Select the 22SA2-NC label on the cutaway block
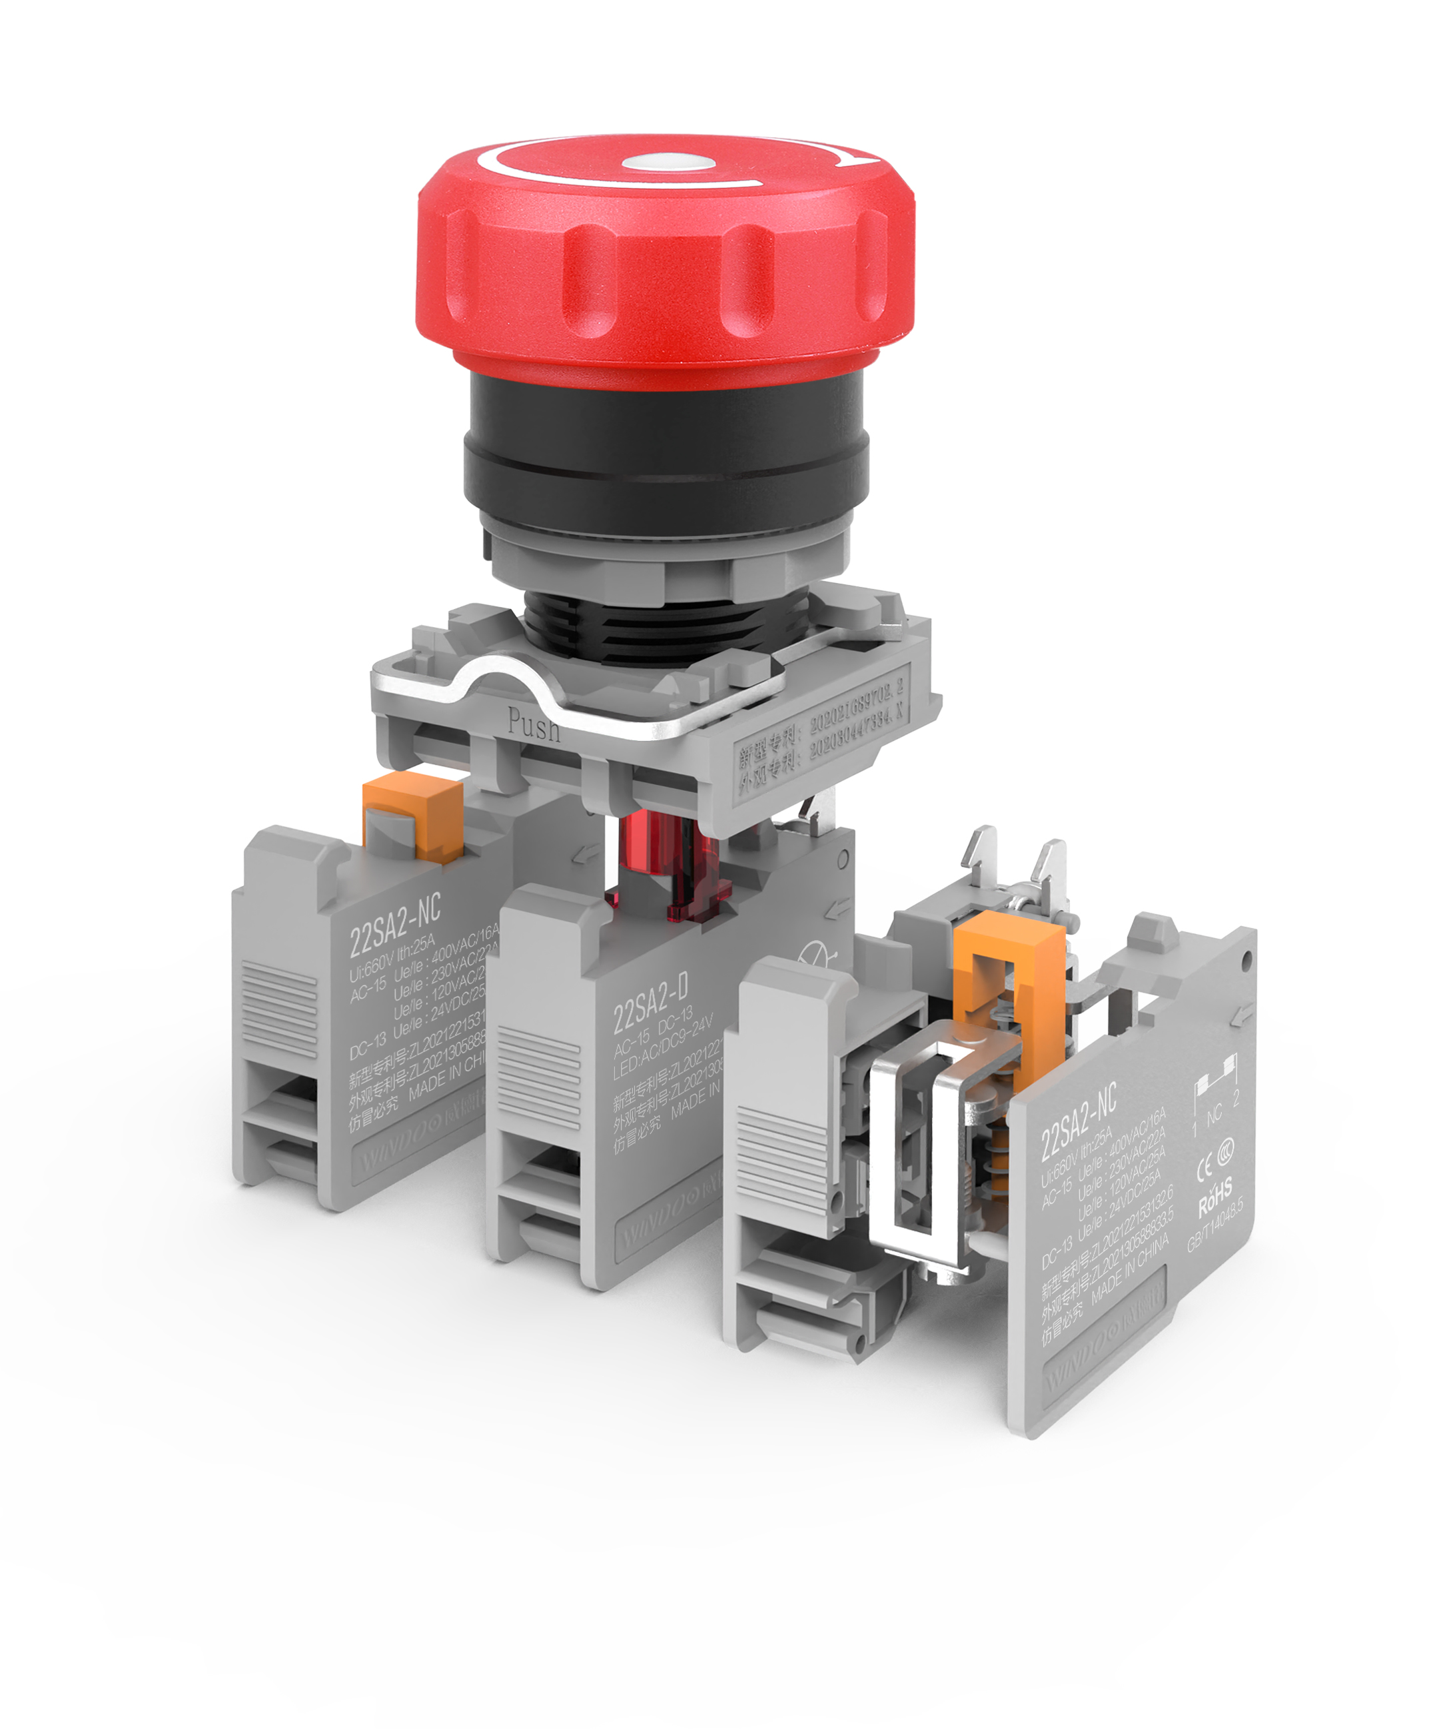tap(1078, 1121)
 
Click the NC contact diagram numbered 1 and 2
tap(1215, 1100)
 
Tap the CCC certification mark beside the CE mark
tap(1225, 1153)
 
